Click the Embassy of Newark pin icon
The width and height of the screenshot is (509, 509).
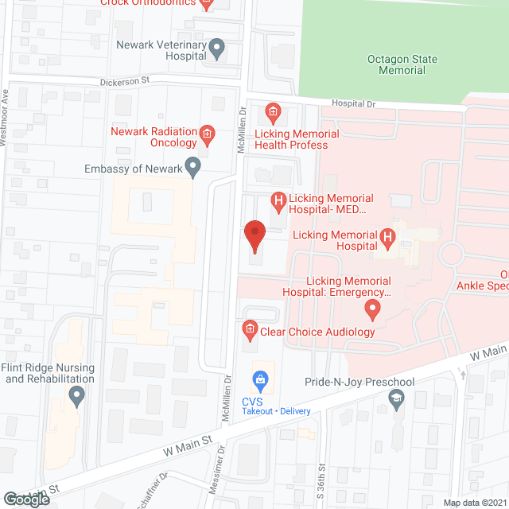click(x=192, y=168)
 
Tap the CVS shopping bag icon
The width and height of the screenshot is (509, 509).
click(x=258, y=378)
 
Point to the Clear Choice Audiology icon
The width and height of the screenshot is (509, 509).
click(x=249, y=328)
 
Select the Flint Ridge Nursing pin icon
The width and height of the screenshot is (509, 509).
click(x=76, y=394)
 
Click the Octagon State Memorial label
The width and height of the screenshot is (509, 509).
click(x=396, y=64)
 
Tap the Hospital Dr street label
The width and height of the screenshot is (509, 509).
click(x=352, y=103)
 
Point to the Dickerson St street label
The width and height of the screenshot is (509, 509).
click(x=125, y=81)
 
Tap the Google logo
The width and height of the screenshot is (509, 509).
click(x=26, y=499)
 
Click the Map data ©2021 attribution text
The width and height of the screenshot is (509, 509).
click(x=474, y=503)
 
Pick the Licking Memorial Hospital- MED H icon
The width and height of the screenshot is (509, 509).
click(x=278, y=200)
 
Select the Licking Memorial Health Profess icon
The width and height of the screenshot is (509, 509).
click(x=272, y=111)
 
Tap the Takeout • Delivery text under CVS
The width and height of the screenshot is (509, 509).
click(x=278, y=411)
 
